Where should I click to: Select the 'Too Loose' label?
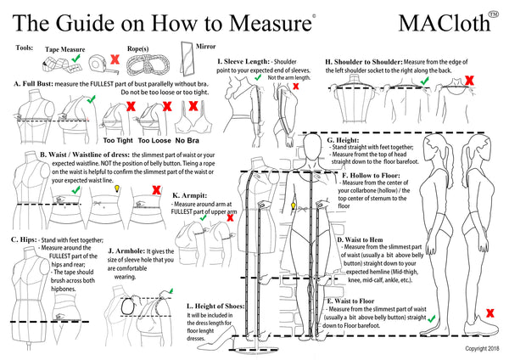156,139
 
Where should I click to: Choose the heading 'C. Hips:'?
25,240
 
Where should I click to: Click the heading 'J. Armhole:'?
127,252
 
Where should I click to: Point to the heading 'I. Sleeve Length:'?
243,62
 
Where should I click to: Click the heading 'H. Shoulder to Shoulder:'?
363,62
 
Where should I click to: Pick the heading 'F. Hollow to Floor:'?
372,176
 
